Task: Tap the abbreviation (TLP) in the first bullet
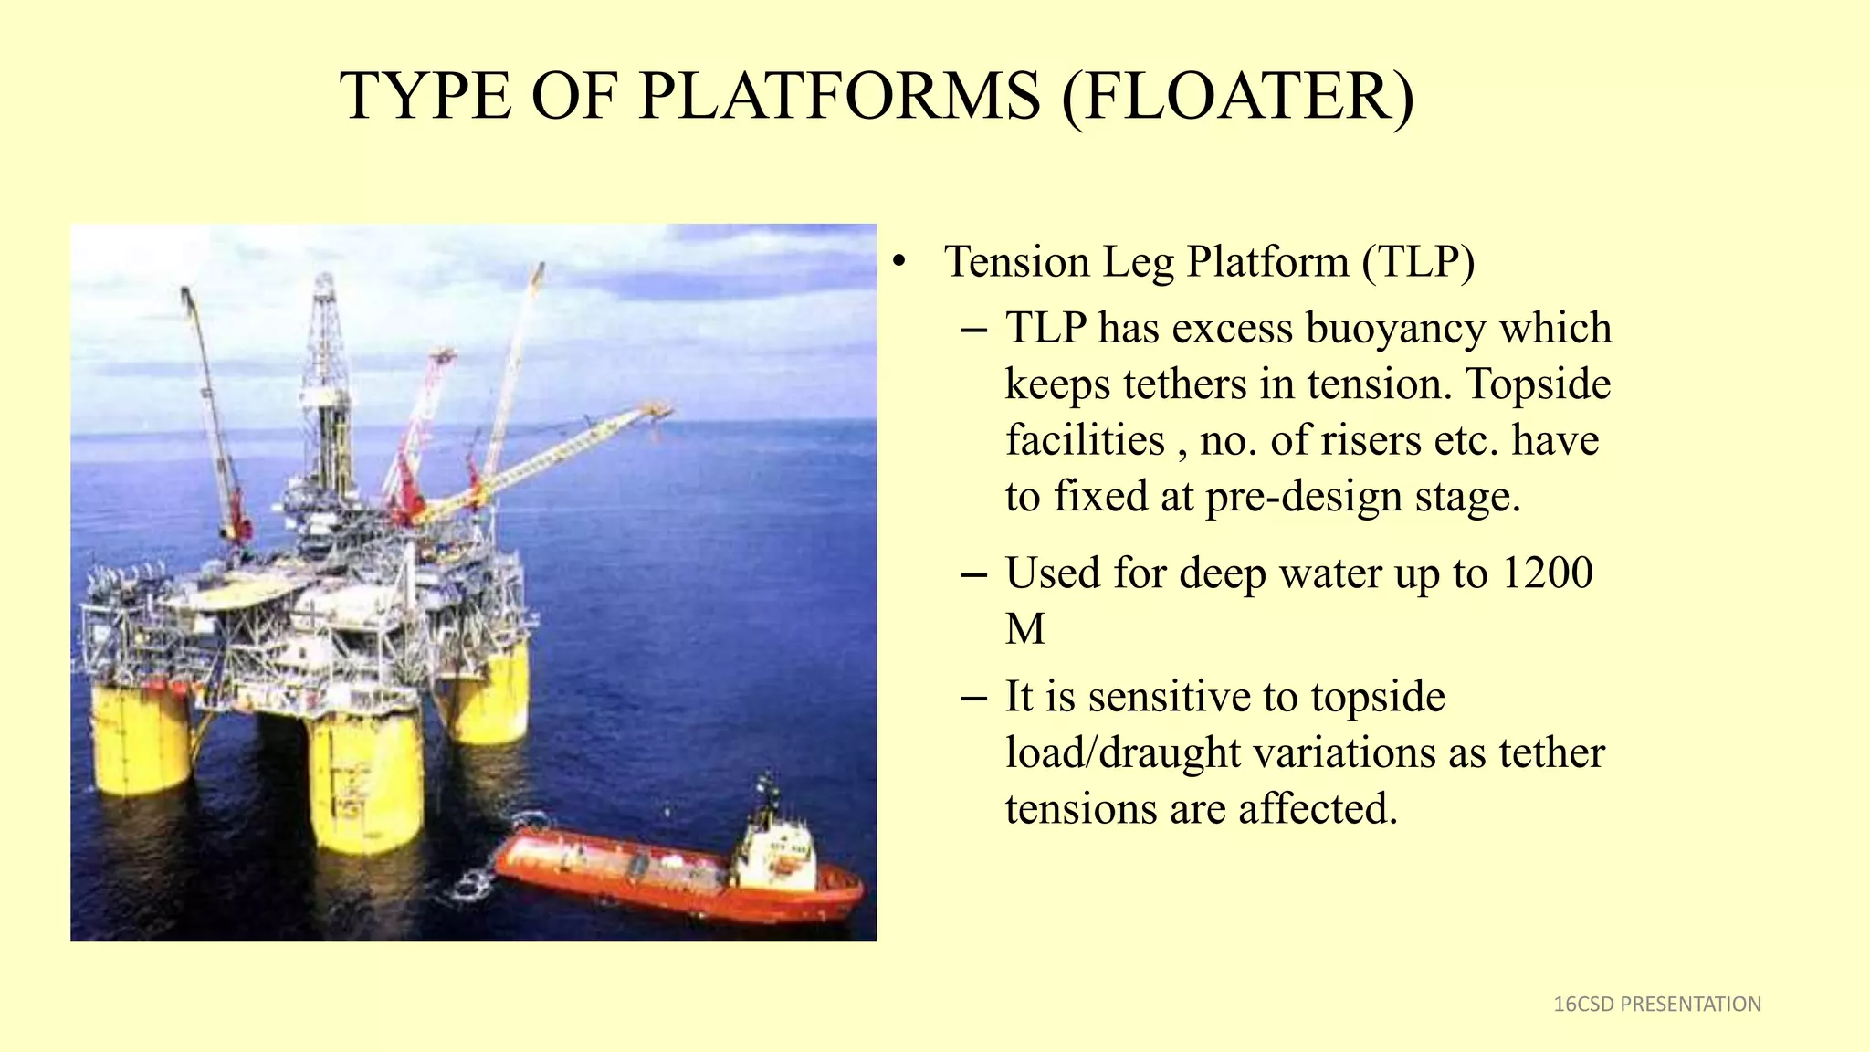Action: click(x=1418, y=262)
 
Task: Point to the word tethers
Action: click(x=1184, y=384)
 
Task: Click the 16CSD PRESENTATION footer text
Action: click(x=1656, y=1005)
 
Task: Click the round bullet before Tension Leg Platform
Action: click(x=899, y=263)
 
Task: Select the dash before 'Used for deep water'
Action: click(x=973, y=575)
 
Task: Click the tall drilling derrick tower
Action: click(x=326, y=384)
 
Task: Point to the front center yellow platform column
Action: click(x=365, y=781)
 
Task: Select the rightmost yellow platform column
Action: click(x=490, y=694)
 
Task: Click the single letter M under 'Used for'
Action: click(x=1024, y=630)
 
